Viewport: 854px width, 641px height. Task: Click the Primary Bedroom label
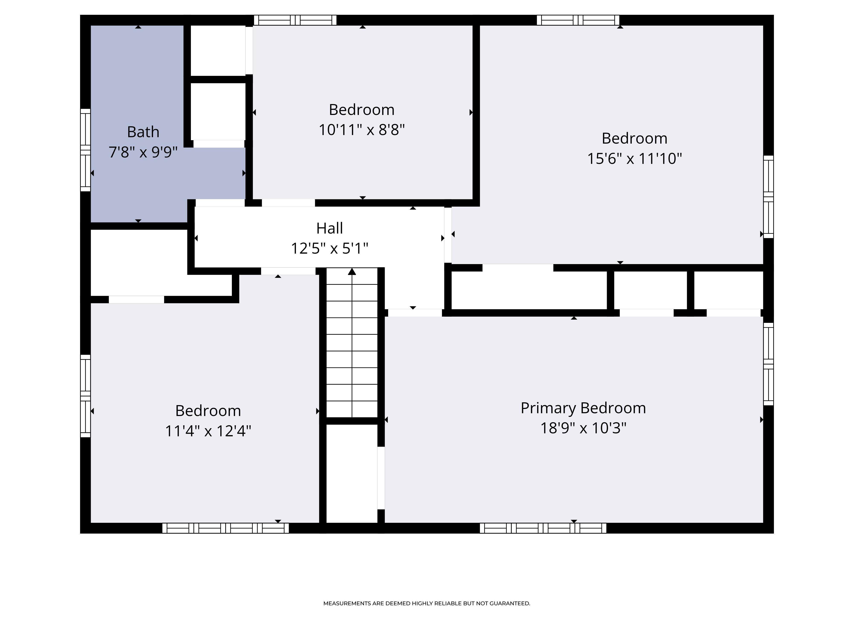(583, 408)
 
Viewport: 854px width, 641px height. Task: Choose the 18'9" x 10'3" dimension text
(583, 428)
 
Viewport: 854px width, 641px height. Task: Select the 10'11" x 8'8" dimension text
(361, 130)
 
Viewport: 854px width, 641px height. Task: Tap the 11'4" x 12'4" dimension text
(208, 431)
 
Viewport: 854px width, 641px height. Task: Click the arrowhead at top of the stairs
(352, 272)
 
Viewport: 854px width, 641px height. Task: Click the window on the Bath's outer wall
(85, 150)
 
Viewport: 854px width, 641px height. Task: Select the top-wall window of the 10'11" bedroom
(295, 20)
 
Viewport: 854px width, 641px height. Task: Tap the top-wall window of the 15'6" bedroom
(578, 20)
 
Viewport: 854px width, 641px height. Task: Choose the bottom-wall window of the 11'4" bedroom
(225, 528)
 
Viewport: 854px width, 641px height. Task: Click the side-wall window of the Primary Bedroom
(769, 364)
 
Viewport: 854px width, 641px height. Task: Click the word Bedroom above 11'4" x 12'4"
(208, 411)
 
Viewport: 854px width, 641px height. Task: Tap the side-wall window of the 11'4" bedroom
(85, 396)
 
